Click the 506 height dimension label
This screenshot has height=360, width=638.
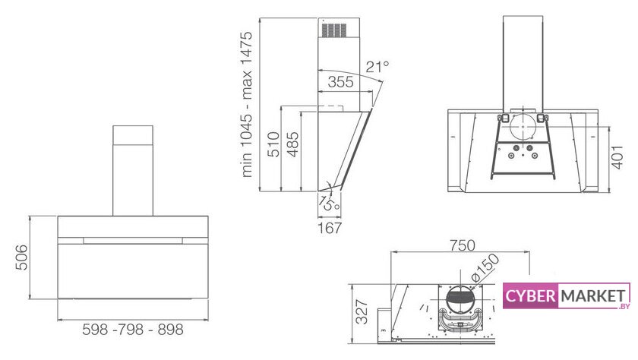tap(22, 257)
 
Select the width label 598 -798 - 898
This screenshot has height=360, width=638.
tap(133, 329)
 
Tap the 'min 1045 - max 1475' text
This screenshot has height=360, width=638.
tap(247, 105)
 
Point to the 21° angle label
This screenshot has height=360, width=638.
tap(377, 66)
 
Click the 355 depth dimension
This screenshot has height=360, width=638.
tap(340, 82)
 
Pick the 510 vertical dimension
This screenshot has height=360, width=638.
tap(274, 144)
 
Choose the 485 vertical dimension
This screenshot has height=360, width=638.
tap(292, 144)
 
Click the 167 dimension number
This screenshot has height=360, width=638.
tap(329, 228)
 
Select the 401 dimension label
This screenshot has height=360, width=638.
tap(617, 157)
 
